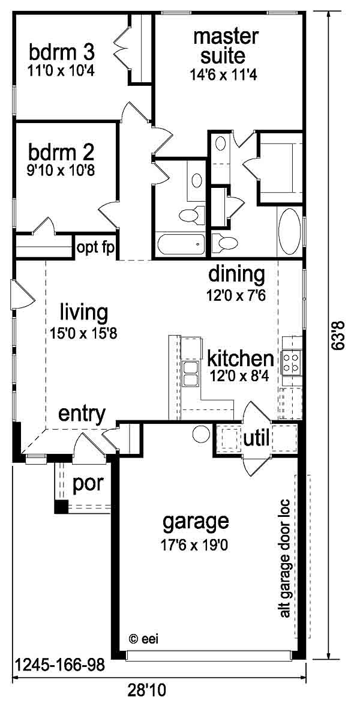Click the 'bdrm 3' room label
pos(62,53)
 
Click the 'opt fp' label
pos(95,248)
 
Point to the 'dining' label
pos(236,275)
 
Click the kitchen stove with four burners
pos(291,363)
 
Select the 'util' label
pos(257,438)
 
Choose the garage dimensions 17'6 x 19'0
pos(194,545)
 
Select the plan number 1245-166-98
pos(60,665)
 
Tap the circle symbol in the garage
pos(201,434)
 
